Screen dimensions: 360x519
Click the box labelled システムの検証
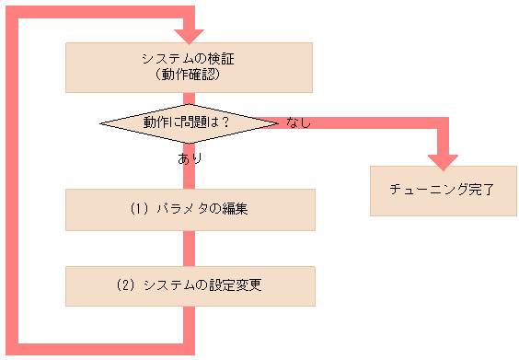(x=190, y=66)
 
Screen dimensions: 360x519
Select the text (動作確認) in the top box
(x=189, y=75)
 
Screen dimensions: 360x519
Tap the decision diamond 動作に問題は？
(x=188, y=122)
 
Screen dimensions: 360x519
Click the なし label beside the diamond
(x=298, y=122)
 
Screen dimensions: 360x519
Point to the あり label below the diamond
(x=190, y=158)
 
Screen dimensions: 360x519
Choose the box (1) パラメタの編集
(x=190, y=209)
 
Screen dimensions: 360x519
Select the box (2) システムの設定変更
(x=190, y=285)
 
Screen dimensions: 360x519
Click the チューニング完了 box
(x=443, y=191)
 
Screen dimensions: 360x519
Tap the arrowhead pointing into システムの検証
(x=190, y=36)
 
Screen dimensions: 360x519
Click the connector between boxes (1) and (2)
(x=190, y=248)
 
